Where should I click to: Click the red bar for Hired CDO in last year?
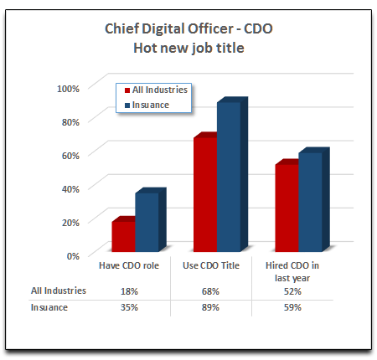coord(287,207)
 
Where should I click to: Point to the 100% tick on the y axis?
coord(68,88)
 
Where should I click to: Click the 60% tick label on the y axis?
coord(70,155)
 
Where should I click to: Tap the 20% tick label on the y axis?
coord(70,222)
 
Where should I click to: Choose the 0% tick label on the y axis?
coord(72,255)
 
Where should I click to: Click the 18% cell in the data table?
coord(129,291)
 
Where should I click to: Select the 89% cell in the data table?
coord(211,307)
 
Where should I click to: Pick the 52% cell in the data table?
coord(292,291)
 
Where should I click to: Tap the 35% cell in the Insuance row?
coord(129,307)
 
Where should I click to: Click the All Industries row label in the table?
coord(59,291)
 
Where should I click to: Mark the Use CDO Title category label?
coord(211,265)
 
